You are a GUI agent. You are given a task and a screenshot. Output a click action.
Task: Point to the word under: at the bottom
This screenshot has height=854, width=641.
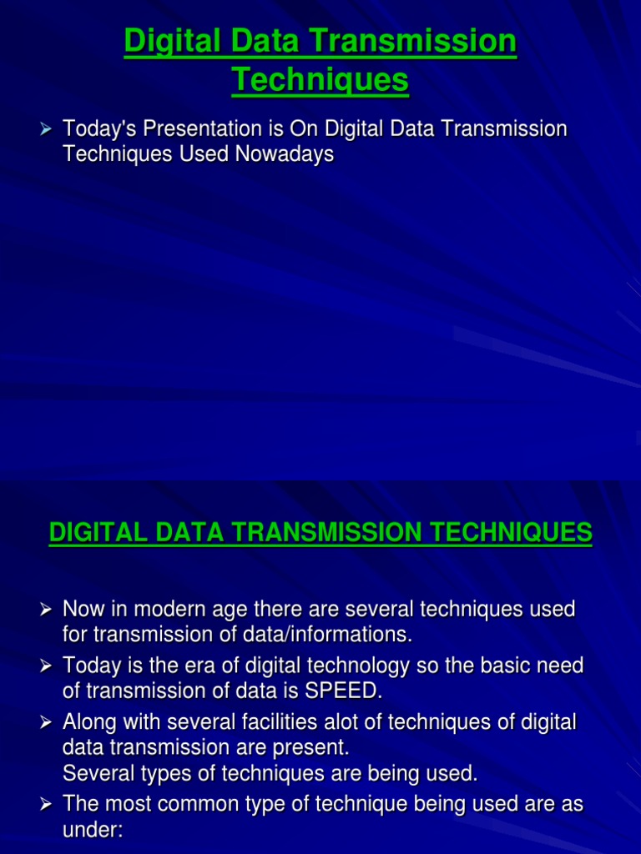[x=93, y=829]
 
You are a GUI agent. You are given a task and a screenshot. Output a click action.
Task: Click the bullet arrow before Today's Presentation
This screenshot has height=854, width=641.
[x=48, y=130]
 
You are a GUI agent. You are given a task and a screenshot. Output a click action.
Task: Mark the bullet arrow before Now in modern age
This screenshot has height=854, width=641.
[x=48, y=610]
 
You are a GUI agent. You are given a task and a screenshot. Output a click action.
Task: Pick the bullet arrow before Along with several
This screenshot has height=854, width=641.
[x=48, y=721]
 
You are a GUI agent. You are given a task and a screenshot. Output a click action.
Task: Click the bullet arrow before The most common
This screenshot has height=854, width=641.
[x=48, y=804]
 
